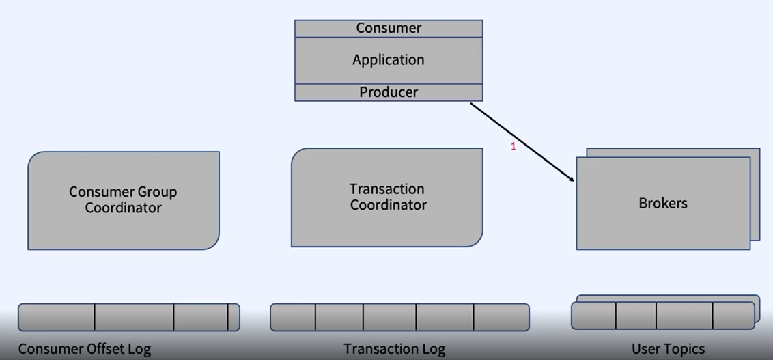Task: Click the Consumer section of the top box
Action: pyautogui.click(x=389, y=28)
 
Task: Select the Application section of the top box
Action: pyautogui.click(x=389, y=60)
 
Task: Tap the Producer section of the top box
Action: pyautogui.click(x=389, y=92)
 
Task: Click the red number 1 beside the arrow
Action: pyautogui.click(x=514, y=146)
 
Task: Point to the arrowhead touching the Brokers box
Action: pyautogui.click(x=572, y=180)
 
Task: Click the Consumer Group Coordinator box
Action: pyautogui.click(x=123, y=200)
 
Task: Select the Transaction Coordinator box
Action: pyautogui.click(x=387, y=197)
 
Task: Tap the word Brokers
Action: pyautogui.click(x=662, y=203)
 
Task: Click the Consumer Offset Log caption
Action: pyautogui.click(x=85, y=349)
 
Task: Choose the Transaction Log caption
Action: pyautogui.click(x=394, y=349)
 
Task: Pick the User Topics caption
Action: pyautogui.click(x=668, y=349)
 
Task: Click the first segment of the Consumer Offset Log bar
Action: pyautogui.click(x=57, y=317)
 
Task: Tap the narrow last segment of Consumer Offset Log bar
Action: pyautogui.click(x=234, y=317)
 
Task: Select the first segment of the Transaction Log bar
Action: pyautogui.click(x=293, y=317)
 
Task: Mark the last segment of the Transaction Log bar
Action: pyautogui.click(x=501, y=317)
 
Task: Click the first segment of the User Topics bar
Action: pyautogui.click(x=593, y=315)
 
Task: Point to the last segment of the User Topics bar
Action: pyautogui.click(x=733, y=315)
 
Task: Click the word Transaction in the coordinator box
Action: pyautogui.click(x=386, y=189)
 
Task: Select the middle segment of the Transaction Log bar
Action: pyautogui.click(x=389, y=317)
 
